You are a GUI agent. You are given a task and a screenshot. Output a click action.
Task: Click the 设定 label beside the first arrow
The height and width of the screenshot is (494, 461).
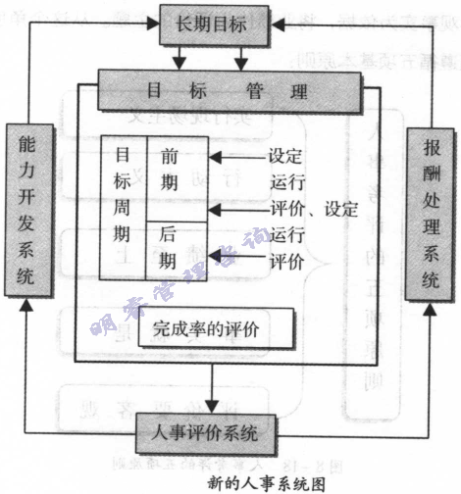tap(285, 156)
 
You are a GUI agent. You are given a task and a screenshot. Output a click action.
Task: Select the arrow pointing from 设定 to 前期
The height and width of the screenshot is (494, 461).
tap(235, 156)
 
